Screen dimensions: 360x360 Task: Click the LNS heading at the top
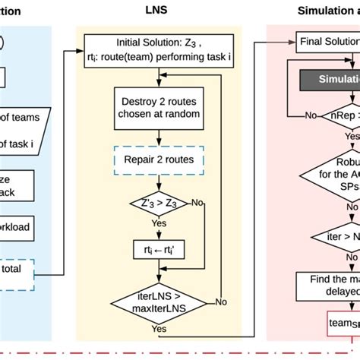157,11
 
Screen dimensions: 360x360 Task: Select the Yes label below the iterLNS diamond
159,330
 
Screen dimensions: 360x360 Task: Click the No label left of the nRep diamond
310,116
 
